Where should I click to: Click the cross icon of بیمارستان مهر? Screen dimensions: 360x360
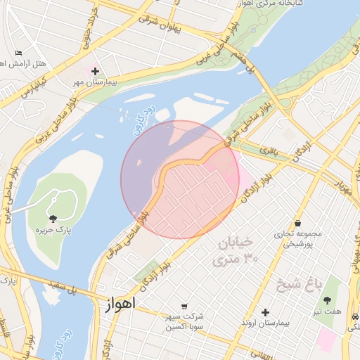(95, 71)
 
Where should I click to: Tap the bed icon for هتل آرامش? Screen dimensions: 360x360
(18, 53)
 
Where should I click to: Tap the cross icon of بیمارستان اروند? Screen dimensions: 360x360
(265, 312)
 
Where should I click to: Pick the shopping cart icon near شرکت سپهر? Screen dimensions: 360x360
(184, 306)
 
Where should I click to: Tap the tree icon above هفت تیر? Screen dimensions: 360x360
(328, 300)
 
